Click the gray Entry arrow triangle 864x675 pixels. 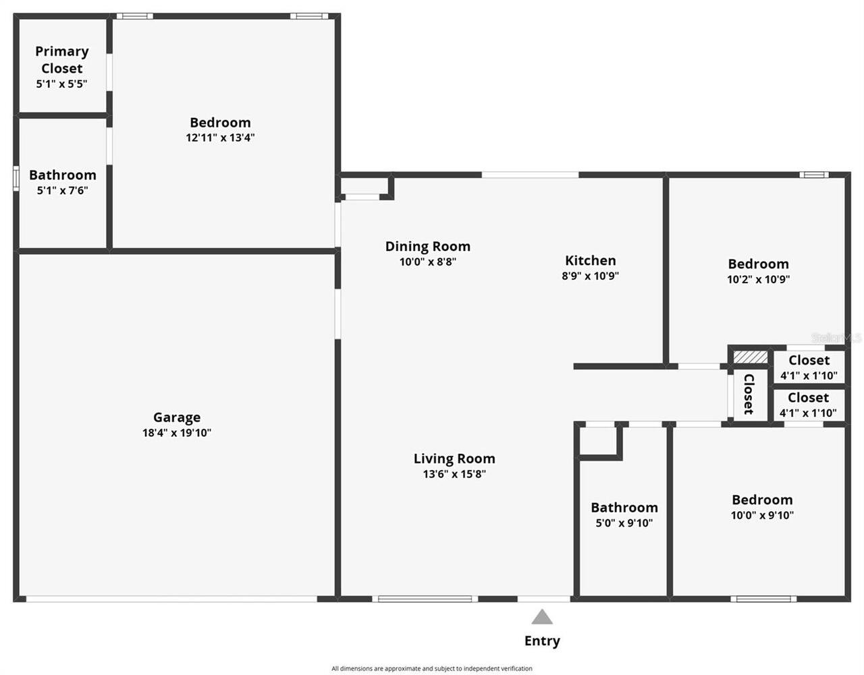(542, 617)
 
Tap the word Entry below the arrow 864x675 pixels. (542, 641)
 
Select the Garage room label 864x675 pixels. (177, 417)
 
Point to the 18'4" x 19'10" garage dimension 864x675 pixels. (177, 433)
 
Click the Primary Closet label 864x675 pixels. (62, 59)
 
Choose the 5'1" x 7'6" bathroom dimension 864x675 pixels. (62, 190)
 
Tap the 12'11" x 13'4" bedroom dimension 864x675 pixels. (220, 138)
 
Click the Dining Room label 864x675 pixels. (427, 246)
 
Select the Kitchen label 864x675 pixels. (590, 260)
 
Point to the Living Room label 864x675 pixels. (454, 459)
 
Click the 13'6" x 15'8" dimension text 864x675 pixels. (454, 474)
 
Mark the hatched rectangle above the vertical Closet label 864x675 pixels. (751, 356)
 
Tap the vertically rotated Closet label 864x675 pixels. (749, 394)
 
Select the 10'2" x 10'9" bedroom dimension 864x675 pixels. (758, 279)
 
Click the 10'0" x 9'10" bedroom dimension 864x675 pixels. (762, 515)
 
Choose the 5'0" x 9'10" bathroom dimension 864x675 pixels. (624, 523)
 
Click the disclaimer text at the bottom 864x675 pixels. (432, 668)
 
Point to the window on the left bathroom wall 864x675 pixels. (16, 179)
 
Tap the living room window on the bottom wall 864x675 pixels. (425, 598)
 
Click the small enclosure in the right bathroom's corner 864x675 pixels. (598, 440)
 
